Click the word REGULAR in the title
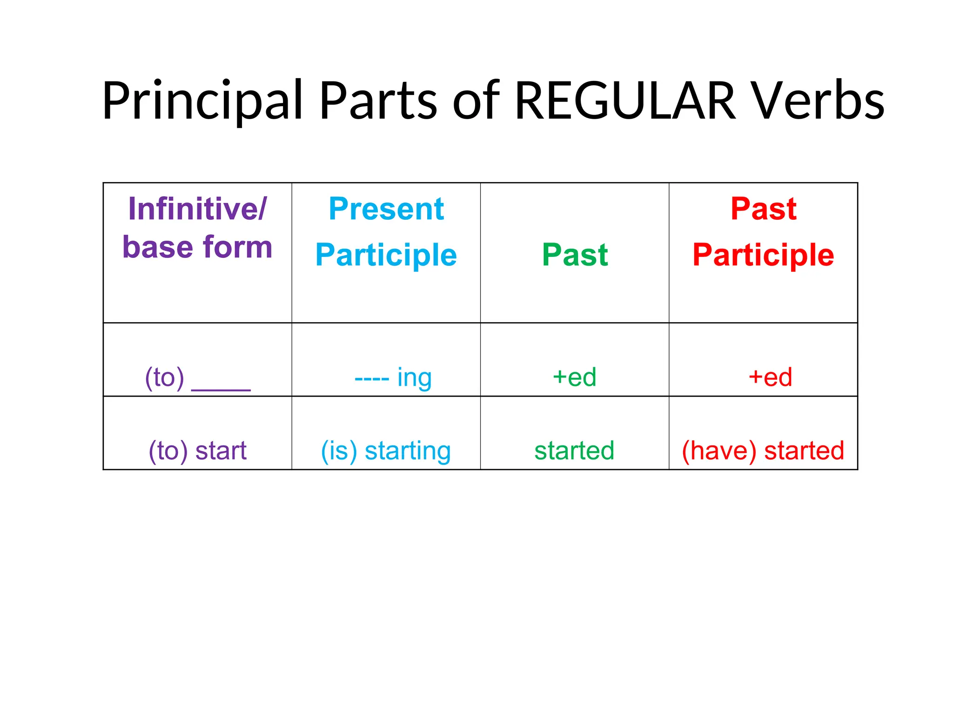(625, 101)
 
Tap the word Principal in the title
(203, 101)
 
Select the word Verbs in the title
(819, 101)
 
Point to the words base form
(197, 247)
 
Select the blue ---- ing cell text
(393, 378)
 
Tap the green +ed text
(574, 377)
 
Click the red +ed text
(770, 377)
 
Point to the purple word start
(221, 451)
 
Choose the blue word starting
(408, 451)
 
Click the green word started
(574, 451)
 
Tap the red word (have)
(719, 451)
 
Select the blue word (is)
(339, 451)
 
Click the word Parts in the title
(378, 101)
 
